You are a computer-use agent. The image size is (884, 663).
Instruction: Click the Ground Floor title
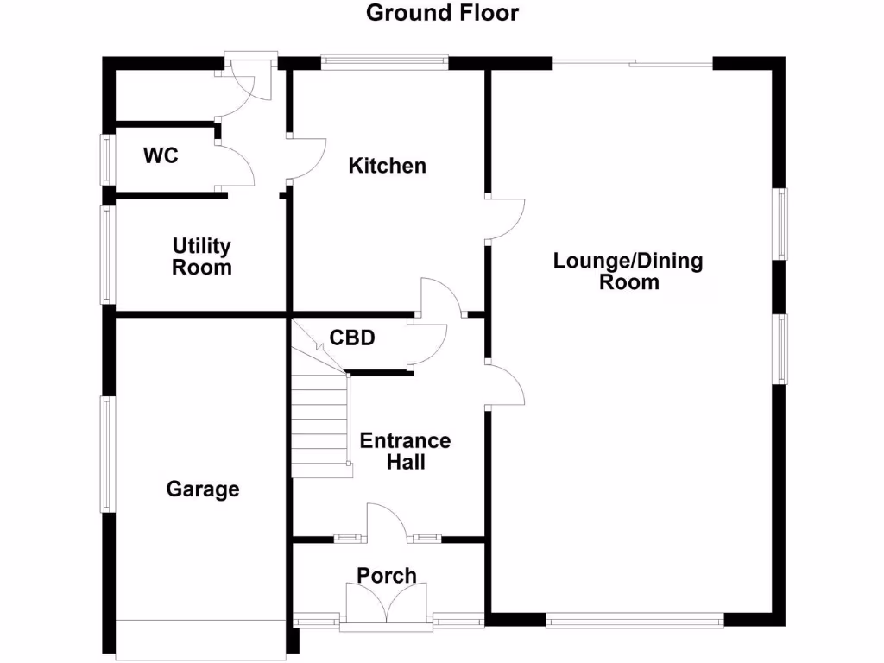click(x=442, y=13)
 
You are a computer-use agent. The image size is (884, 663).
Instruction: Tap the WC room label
click(x=161, y=156)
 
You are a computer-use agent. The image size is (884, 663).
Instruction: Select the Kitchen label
click(x=387, y=166)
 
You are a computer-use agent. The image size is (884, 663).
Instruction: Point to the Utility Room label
click(x=202, y=256)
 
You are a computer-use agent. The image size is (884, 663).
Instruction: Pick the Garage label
click(x=203, y=489)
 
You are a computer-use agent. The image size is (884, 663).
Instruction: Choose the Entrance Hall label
click(x=405, y=451)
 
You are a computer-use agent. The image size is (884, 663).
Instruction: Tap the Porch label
click(x=387, y=575)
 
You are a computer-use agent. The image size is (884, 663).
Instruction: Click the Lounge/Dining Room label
click(x=628, y=271)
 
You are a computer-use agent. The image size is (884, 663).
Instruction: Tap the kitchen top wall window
click(x=385, y=61)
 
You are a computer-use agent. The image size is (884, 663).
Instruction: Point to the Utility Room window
click(x=108, y=254)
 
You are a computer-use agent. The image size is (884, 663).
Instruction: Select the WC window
click(x=108, y=159)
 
